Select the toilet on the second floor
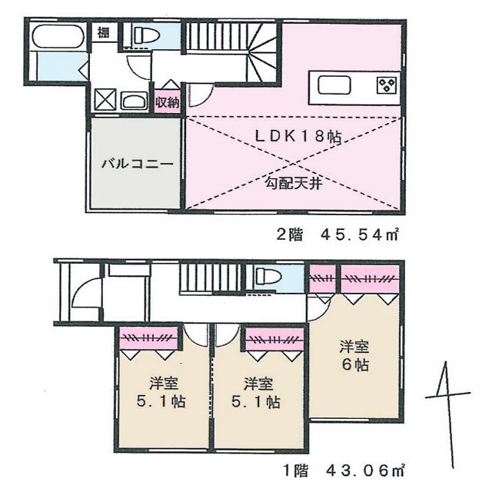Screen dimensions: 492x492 click(x=146, y=34)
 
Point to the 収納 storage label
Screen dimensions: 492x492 click(x=168, y=101)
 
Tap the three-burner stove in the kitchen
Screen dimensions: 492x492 click(x=385, y=85)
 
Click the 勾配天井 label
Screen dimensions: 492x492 click(x=294, y=183)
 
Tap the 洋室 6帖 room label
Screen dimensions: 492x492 click(x=354, y=357)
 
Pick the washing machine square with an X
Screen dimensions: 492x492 click(x=105, y=101)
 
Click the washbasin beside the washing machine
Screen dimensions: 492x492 click(x=134, y=101)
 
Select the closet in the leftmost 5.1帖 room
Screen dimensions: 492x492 click(x=149, y=338)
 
